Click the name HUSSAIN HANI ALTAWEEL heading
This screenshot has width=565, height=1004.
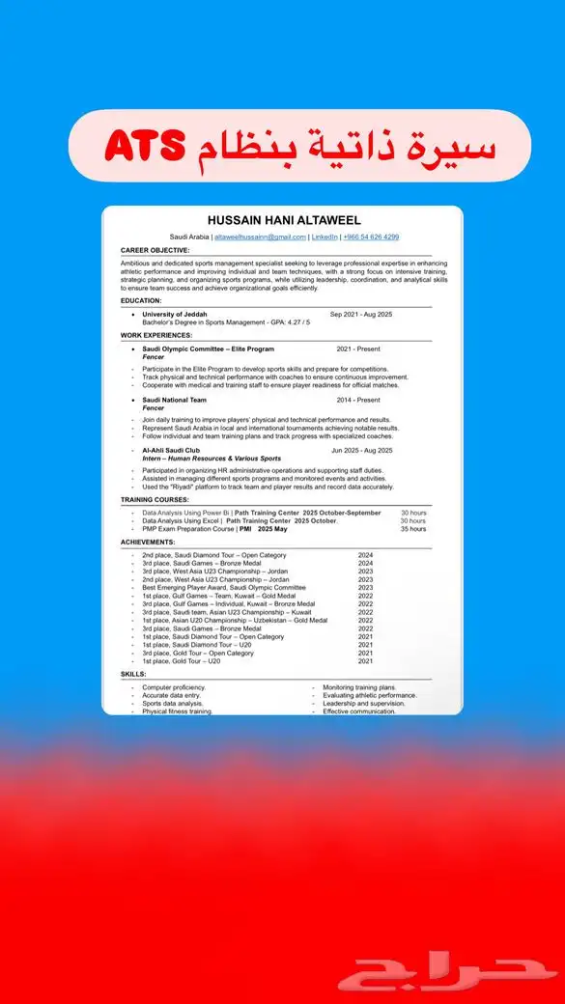(x=282, y=221)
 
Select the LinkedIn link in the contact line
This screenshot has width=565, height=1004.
(x=324, y=237)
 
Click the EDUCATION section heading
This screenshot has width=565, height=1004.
(x=141, y=300)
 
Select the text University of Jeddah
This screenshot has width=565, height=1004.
(x=175, y=314)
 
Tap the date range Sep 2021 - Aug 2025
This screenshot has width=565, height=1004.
(x=361, y=314)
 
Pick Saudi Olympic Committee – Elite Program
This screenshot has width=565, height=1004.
(x=208, y=349)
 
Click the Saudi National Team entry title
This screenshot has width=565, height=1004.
(x=174, y=400)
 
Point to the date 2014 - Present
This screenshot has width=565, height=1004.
(x=358, y=400)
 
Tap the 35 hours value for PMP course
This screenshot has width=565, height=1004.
(x=412, y=529)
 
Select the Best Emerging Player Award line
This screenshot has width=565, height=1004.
(x=223, y=587)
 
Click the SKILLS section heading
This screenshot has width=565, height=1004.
(x=133, y=674)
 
